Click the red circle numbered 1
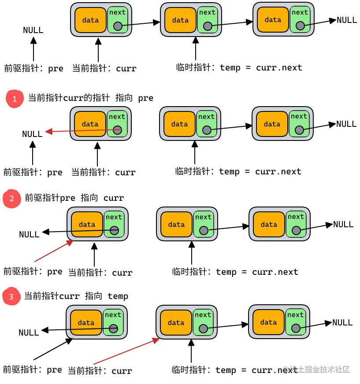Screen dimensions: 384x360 click(x=15, y=99)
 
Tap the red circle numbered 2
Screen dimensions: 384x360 click(x=12, y=199)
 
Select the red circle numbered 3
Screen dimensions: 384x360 click(x=11, y=297)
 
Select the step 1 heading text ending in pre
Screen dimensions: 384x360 click(x=90, y=98)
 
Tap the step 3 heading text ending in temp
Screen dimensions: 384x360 click(x=76, y=296)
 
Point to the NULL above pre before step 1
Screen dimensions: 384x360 click(x=33, y=30)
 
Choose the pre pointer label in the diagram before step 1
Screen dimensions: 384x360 click(x=33, y=69)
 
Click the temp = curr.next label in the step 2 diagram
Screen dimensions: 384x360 click(x=235, y=272)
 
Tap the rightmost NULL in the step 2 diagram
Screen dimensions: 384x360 click(x=343, y=225)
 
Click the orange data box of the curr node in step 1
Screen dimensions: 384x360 click(x=90, y=125)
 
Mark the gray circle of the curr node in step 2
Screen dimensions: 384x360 click(x=114, y=230)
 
